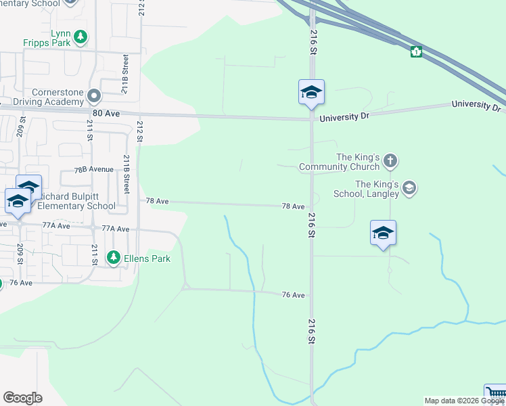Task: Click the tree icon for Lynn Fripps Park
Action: (80, 37)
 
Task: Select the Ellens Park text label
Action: (147, 258)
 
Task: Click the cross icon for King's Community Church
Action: (390, 161)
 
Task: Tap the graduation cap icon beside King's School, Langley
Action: (409, 188)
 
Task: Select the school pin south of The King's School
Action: (383, 233)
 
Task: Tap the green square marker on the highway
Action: (416, 51)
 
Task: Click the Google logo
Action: (22, 398)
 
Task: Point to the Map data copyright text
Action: (464, 401)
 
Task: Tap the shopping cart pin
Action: (496, 396)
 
